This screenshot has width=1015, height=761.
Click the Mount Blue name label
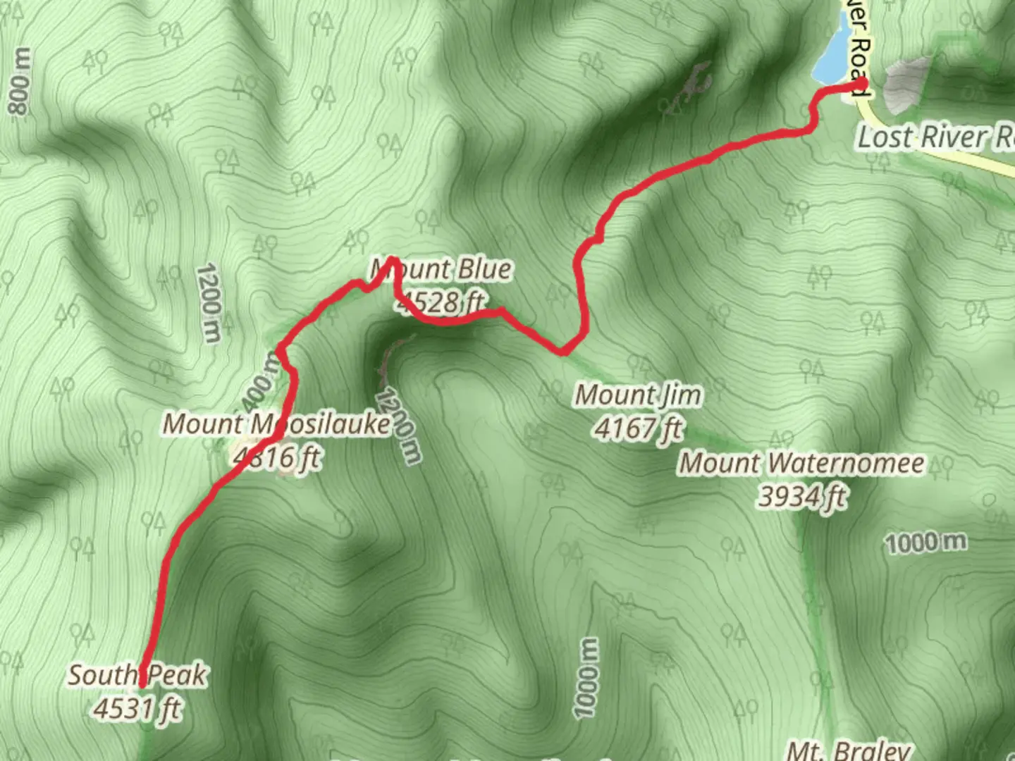[x=442, y=269]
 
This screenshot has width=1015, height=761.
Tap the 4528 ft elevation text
[x=441, y=302]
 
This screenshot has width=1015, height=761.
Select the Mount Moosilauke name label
[x=276, y=424]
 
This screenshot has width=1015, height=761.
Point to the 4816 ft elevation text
[x=277, y=457]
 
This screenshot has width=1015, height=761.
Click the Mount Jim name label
[x=639, y=395]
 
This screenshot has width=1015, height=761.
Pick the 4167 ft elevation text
[x=639, y=428]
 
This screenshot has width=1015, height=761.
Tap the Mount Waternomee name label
[x=801, y=463]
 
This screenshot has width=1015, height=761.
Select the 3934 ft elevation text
[x=801, y=497]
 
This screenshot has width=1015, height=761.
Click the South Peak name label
[x=137, y=675]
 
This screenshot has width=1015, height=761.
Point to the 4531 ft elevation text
[x=137, y=708]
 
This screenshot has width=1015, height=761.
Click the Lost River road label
[x=935, y=137]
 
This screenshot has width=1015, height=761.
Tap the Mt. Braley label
[x=849, y=750]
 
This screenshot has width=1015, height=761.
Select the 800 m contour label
[x=20, y=81]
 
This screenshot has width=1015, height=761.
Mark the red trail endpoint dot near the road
[x=861, y=85]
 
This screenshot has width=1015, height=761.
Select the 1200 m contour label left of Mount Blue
[x=209, y=303]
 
